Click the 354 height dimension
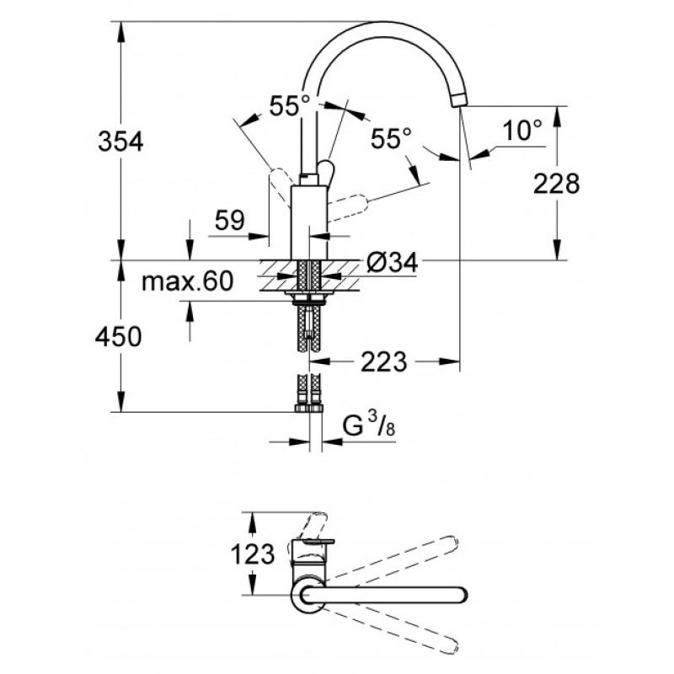(x=120, y=142)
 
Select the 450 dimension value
(x=118, y=336)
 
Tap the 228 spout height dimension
(x=556, y=184)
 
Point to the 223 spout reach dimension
(x=383, y=361)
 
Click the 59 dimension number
(x=229, y=220)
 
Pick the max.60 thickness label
(x=187, y=281)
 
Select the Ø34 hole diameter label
(x=392, y=262)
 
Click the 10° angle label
(x=522, y=130)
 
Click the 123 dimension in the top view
(x=253, y=554)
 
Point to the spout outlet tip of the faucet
(x=459, y=101)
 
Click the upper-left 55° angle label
(x=289, y=106)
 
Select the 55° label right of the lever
(x=391, y=138)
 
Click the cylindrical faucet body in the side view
(x=309, y=222)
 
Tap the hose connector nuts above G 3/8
(x=308, y=409)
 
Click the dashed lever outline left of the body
(x=280, y=187)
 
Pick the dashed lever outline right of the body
(x=347, y=208)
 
